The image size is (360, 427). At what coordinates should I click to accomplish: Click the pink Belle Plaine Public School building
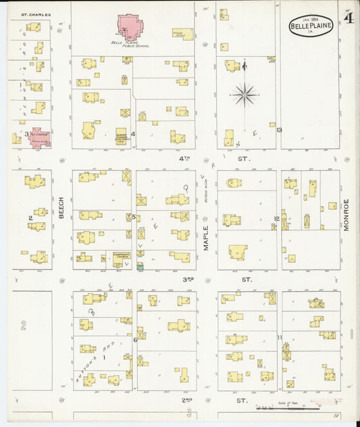pyautogui.click(x=130, y=28)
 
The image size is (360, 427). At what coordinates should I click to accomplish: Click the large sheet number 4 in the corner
pyautogui.click(x=349, y=18)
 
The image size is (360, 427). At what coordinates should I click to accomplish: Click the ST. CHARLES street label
pyautogui.click(x=32, y=14)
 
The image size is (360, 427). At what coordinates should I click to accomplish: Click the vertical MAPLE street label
pyautogui.click(x=207, y=238)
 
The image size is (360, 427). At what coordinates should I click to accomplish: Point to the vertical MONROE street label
pyautogui.click(x=345, y=216)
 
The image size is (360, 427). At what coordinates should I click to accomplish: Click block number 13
pyautogui.click(x=278, y=130)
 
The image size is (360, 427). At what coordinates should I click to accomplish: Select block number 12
pyautogui.click(x=276, y=218)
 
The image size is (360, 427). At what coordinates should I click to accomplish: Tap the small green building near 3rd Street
pyautogui.click(x=140, y=268)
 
